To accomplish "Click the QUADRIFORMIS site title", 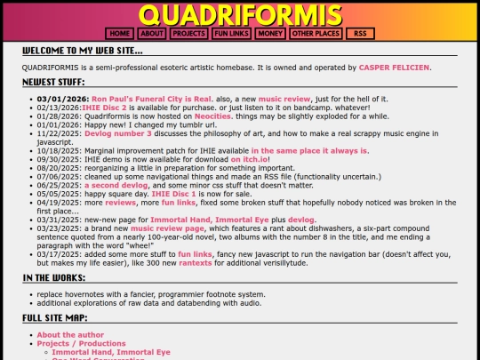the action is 240,14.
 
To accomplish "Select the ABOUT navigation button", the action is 152,34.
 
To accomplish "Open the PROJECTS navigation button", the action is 188,34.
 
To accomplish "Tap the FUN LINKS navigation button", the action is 231,34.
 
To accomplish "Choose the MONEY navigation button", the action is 270,34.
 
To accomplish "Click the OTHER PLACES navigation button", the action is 316,34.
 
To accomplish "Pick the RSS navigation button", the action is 359,34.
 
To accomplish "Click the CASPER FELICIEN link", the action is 395,68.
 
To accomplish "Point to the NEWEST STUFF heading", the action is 55,82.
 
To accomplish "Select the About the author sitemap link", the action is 70,335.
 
